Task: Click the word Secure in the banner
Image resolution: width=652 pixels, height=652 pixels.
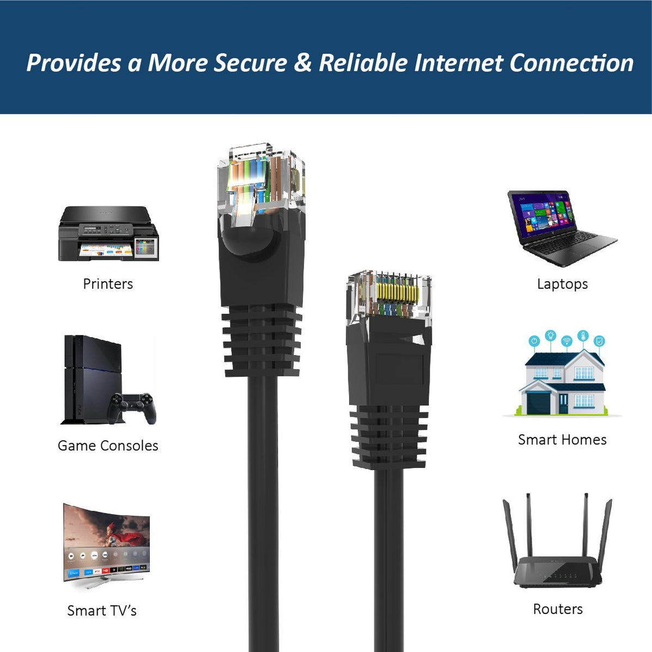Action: tap(250, 63)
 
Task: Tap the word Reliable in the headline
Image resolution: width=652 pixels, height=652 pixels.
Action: tap(363, 63)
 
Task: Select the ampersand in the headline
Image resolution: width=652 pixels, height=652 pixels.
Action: tap(303, 63)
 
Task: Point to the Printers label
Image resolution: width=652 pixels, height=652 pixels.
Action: tap(108, 284)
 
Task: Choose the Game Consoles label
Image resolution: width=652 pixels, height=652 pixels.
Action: tap(108, 446)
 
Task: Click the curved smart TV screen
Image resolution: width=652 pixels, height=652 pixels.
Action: tap(107, 542)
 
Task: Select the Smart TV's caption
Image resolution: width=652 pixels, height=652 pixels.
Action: tap(102, 611)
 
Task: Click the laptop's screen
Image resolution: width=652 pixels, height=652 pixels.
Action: tap(542, 217)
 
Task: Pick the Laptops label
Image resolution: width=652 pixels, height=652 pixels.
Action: tap(562, 284)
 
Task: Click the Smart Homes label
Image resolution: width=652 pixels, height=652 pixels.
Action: tap(562, 440)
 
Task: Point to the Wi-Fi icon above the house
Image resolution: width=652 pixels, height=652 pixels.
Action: tap(566, 341)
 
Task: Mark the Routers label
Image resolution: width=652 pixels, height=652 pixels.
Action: tap(558, 609)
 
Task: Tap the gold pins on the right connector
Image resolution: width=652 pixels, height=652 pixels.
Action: tap(397, 291)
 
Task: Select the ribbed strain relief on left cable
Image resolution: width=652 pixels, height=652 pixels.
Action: tap(262, 340)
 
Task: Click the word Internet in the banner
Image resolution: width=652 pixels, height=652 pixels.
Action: tap(459, 63)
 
